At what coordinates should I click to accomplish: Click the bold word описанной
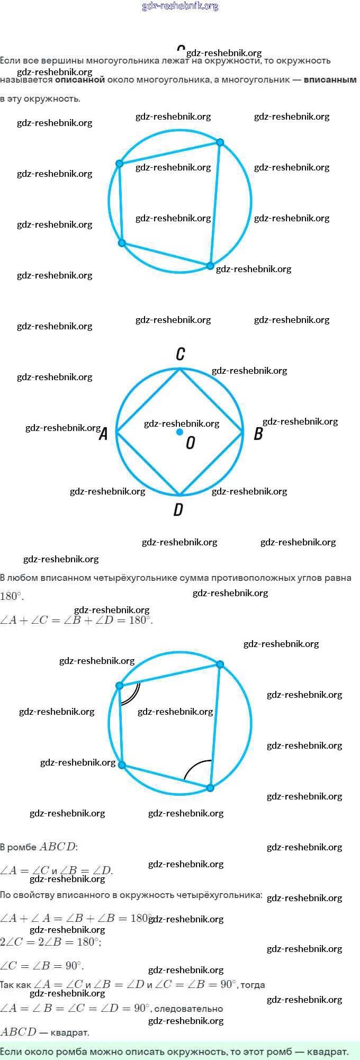click(x=80, y=80)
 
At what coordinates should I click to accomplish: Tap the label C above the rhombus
click(x=181, y=354)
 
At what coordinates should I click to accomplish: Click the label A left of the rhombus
click(x=104, y=434)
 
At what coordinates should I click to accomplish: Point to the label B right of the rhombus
click(x=258, y=434)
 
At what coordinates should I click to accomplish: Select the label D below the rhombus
click(x=178, y=509)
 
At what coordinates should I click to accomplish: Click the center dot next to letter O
click(x=179, y=432)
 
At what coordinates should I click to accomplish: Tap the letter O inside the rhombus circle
click(x=191, y=443)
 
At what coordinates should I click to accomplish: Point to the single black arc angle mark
click(x=197, y=767)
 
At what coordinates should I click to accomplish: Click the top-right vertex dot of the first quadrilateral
click(x=220, y=142)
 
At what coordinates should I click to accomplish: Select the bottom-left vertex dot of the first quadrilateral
click(x=122, y=243)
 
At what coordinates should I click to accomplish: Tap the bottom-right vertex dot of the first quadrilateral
click(x=210, y=266)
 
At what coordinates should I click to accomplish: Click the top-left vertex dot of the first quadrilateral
click(x=120, y=164)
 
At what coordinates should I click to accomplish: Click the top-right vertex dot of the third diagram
click(x=220, y=664)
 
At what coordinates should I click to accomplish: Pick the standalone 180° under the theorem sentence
click(x=12, y=596)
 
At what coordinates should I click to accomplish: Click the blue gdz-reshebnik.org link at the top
click(x=180, y=6)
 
